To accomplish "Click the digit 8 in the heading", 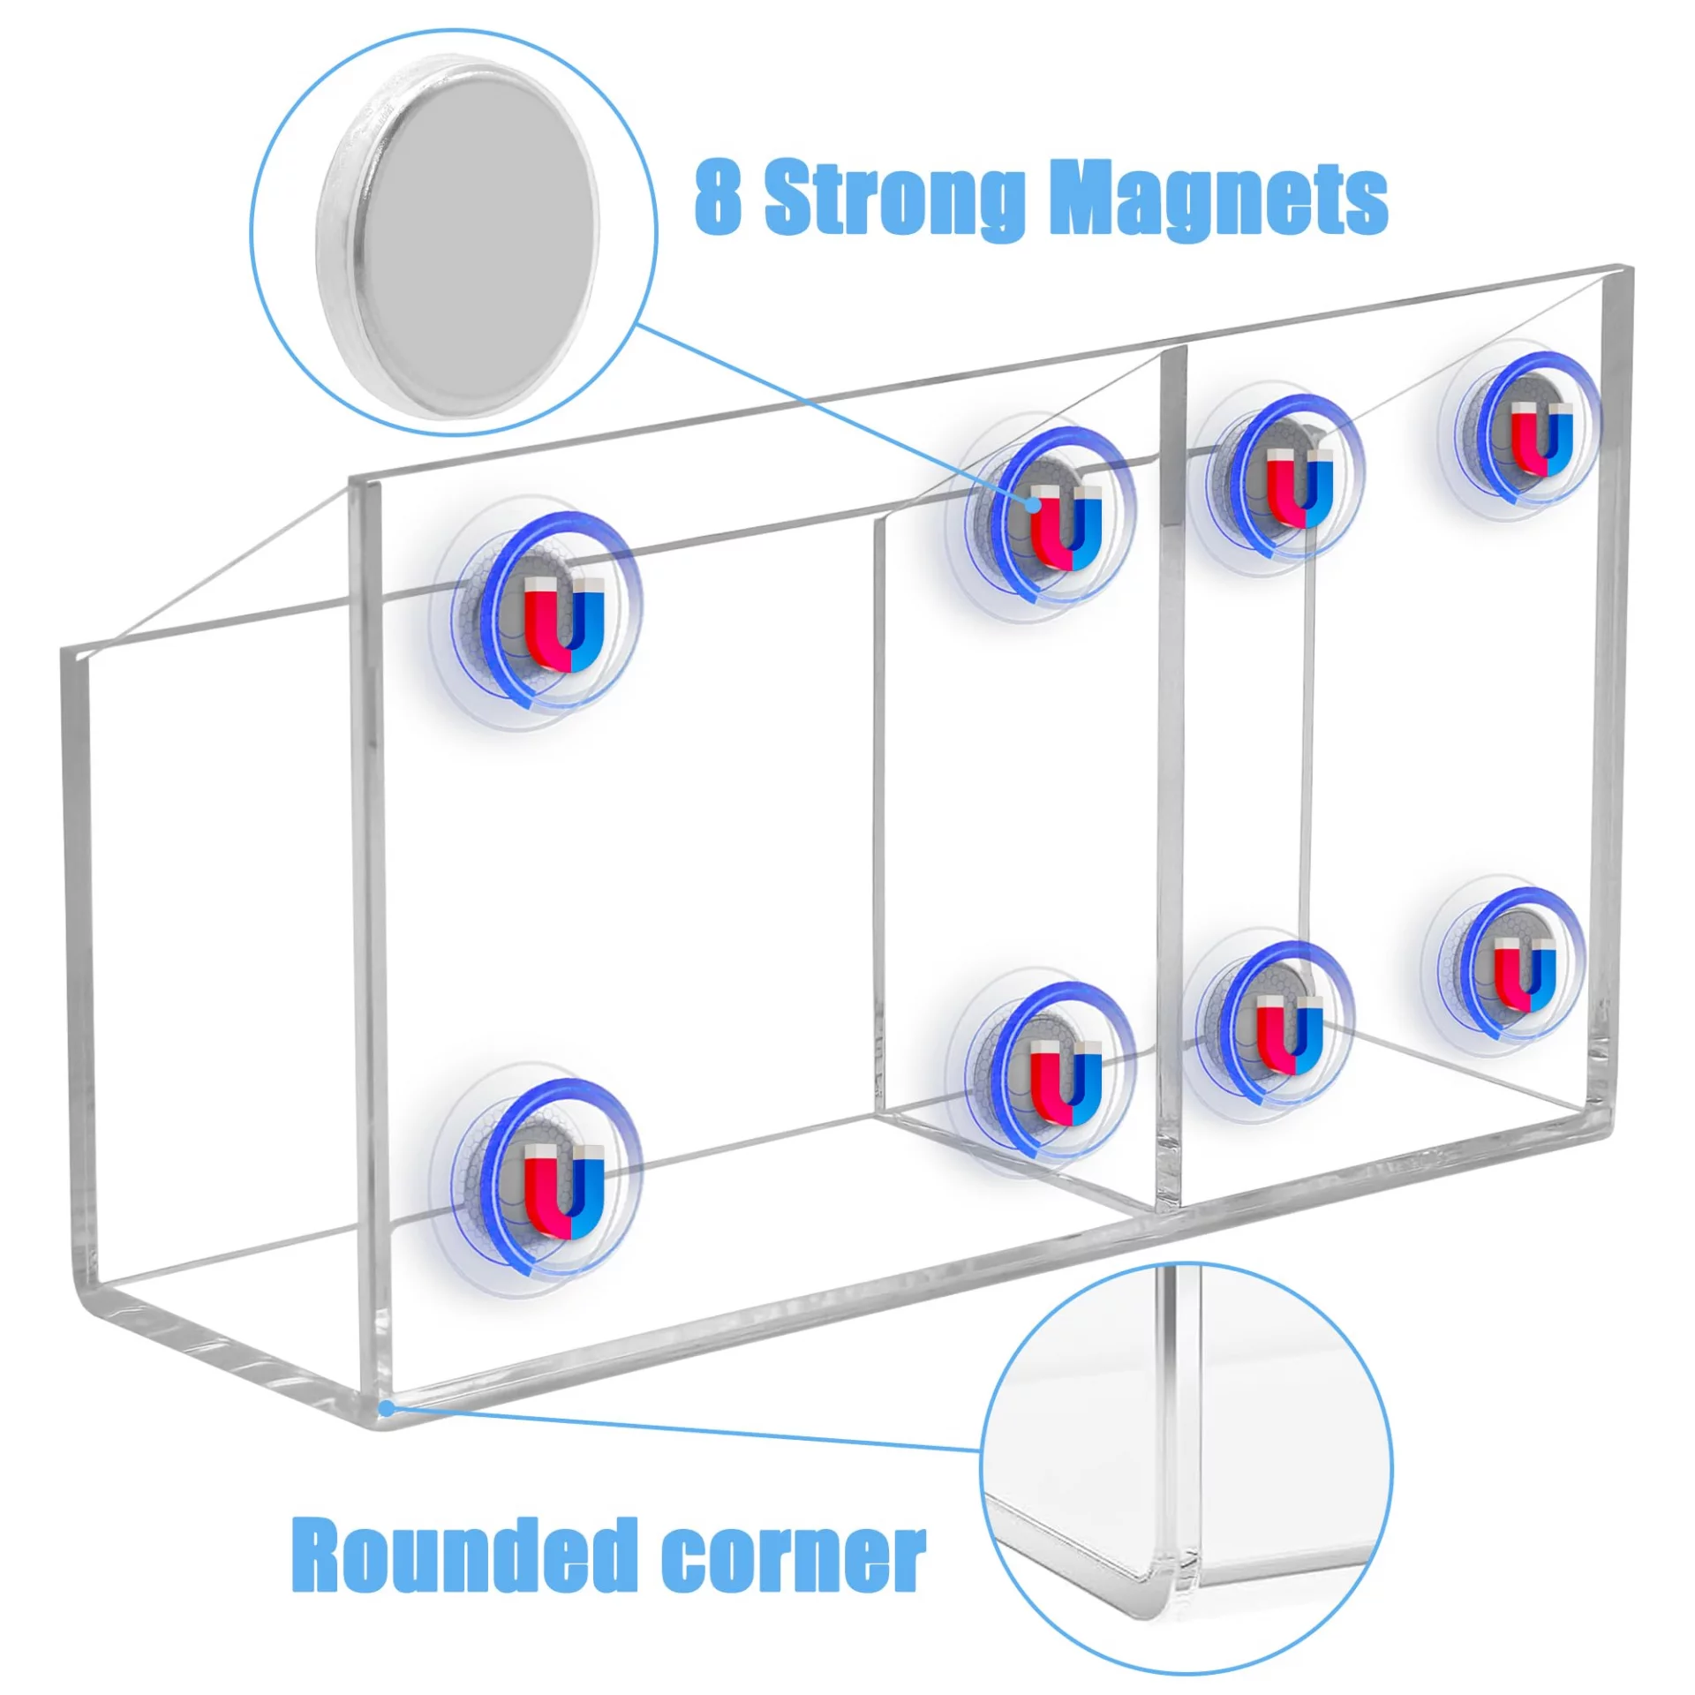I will (x=717, y=196).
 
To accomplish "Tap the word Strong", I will (x=893, y=199).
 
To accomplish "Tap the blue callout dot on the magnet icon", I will (x=1032, y=503).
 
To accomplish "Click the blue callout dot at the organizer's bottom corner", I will (x=387, y=1408).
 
